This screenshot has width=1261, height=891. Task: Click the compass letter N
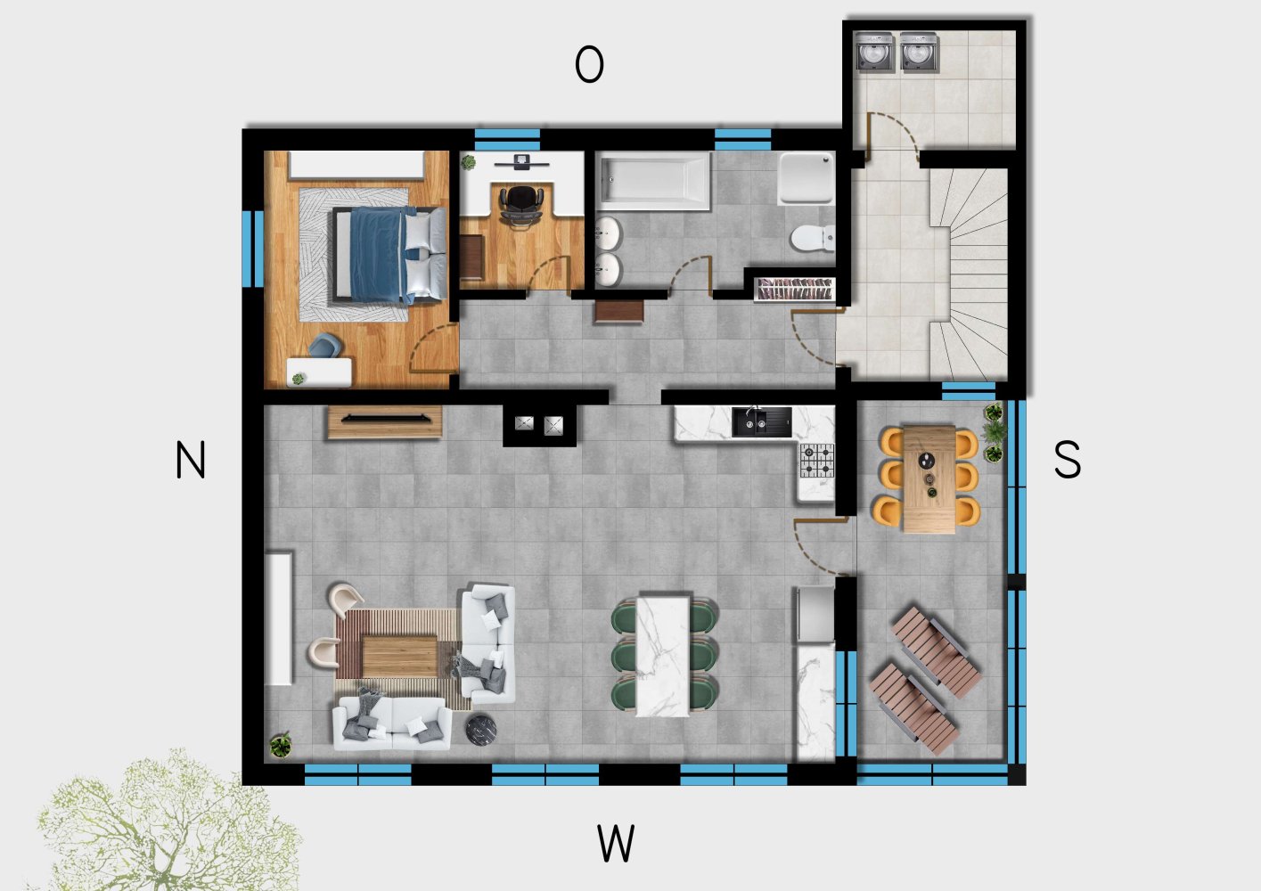pyautogui.click(x=191, y=461)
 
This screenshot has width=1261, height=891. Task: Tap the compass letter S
pyautogui.click(x=1067, y=461)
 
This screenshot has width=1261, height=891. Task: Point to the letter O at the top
pyautogui.click(x=589, y=65)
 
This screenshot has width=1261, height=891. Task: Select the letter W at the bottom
pyautogui.click(x=616, y=843)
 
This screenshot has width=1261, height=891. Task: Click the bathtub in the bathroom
pyautogui.click(x=653, y=181)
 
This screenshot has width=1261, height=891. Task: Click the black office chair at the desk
pyautogui.click(x=520, y=206)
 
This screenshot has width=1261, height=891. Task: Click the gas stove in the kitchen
pyautogui.click(x=816, y=460)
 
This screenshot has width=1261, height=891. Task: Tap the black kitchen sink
pyautogui.click(x=761, y=422)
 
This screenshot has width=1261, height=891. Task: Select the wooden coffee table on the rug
pyautogui.click(x=399, y=656)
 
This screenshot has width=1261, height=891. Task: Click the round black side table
pyautogui.click(x=481, y=729)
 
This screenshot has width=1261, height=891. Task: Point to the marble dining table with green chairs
pyautogui.click(x=664, y=655)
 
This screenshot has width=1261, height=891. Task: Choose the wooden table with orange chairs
pyautogui.click(x=929, y=479)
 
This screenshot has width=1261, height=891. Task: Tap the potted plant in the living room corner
pyautogui.click(x=282, y=744)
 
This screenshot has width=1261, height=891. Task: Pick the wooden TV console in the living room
pyautogui.click(x=384, y=421)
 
